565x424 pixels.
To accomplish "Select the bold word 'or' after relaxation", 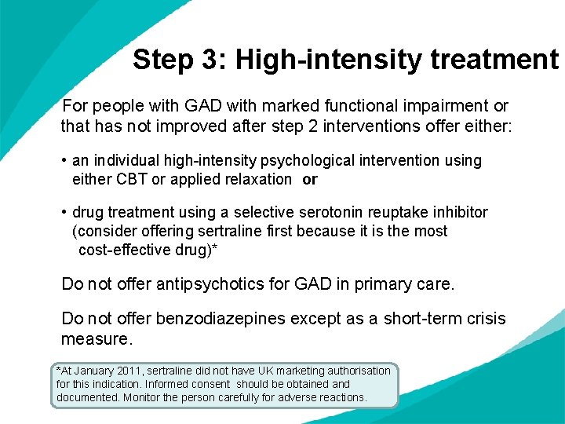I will pos(310,180).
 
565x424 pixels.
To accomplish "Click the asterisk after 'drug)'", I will pos(215,249).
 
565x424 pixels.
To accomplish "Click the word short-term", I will pos(425,319).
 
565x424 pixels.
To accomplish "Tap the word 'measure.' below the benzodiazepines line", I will pos(97,339).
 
